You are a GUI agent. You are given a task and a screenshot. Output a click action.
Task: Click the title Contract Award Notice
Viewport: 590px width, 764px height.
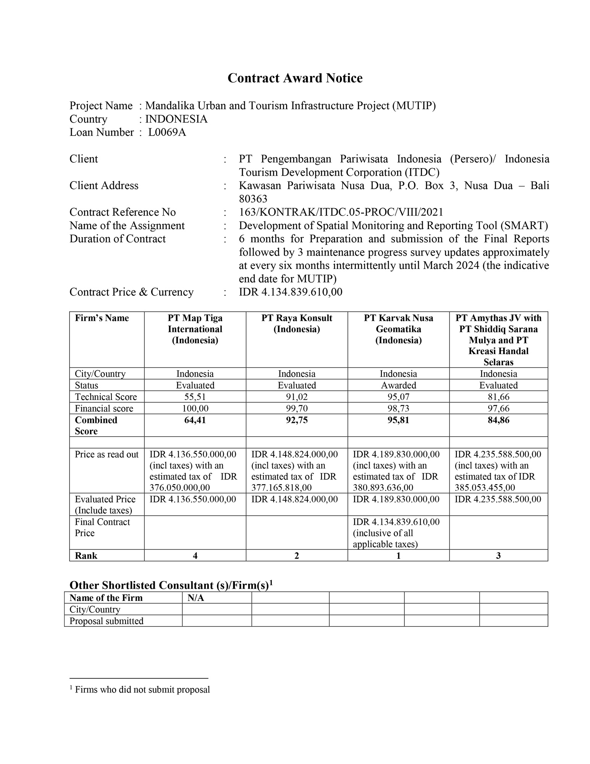(295, 78)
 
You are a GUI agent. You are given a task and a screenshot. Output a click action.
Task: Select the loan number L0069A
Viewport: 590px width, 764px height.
(167, 132)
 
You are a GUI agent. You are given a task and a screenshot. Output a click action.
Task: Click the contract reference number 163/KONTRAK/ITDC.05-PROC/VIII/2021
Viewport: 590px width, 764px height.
(341, 212)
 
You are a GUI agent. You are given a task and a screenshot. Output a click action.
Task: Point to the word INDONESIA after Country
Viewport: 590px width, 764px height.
(176, 119)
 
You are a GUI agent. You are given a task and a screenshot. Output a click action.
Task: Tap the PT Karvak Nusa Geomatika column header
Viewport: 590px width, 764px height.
(398, 329)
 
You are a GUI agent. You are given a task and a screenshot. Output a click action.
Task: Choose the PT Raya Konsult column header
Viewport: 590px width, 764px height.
(297, 323)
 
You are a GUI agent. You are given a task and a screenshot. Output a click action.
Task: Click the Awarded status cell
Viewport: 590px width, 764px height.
(398, 385)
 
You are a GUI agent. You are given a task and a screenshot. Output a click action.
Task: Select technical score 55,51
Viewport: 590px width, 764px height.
(195, 397)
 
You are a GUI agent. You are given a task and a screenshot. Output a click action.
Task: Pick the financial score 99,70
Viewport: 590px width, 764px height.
(297, 408)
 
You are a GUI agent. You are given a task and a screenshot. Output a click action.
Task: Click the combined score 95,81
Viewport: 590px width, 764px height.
(398, 420)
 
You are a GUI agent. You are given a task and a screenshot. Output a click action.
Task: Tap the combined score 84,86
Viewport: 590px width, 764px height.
(498, 420)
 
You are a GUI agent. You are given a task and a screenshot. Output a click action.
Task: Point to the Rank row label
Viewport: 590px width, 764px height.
(86, 555)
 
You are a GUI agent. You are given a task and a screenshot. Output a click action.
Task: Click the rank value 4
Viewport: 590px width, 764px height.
(195, 555)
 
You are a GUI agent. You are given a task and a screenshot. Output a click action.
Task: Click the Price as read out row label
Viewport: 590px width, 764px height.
(107, 454)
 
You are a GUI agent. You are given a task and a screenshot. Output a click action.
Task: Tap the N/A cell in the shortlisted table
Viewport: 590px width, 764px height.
(196, 598)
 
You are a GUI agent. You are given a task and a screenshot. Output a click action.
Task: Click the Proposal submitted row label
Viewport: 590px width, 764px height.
(107, 621)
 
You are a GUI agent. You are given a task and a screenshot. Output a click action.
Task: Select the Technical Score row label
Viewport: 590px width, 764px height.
(106, 397)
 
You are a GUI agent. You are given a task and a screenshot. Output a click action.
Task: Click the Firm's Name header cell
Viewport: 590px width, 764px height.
(102, 318)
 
